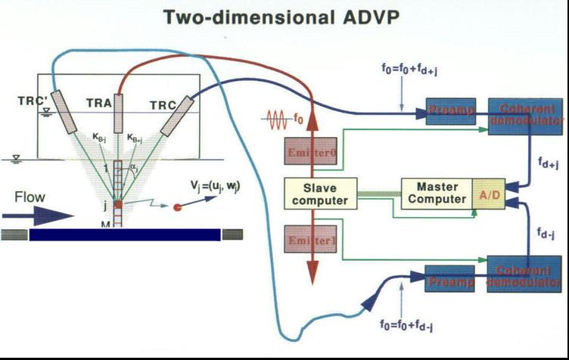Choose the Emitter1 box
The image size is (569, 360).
click(310, 240)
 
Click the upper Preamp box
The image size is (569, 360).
click(450, 113)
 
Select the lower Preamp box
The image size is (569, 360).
click(450, 278)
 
